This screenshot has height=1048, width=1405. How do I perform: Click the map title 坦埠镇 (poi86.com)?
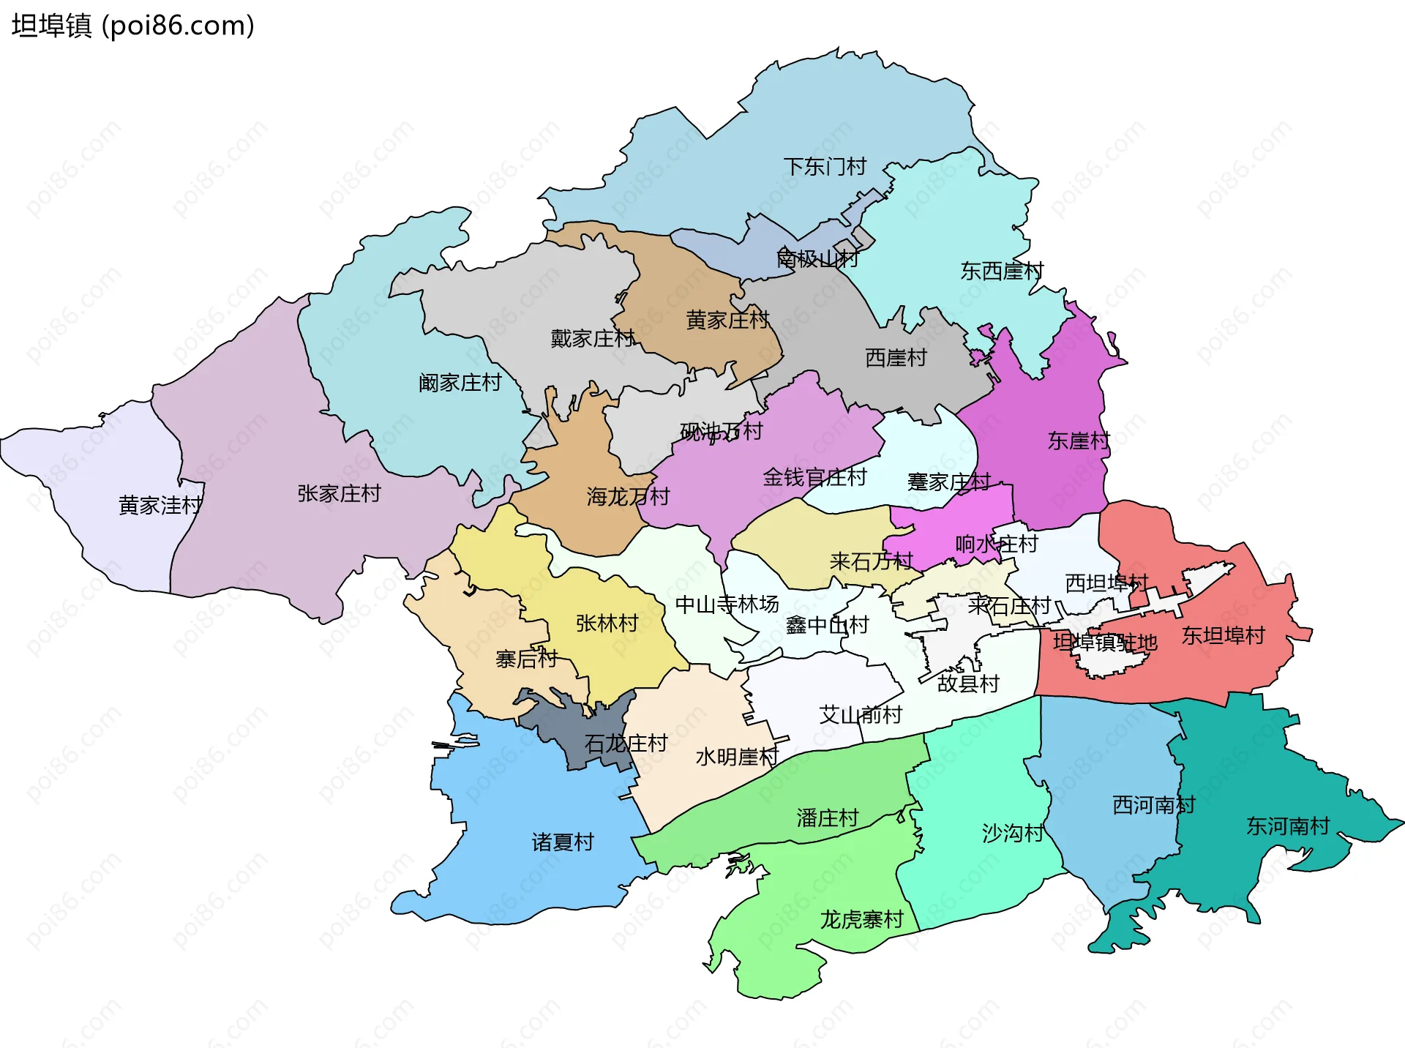click(x=133, y=26)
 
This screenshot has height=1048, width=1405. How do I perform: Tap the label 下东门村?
click(x=825, y=167)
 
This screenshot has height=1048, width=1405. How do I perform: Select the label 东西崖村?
click(x=1002, y=272)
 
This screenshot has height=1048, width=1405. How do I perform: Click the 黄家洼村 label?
click(x=160, y=505)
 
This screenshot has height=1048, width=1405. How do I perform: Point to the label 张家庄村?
click(x=339, y=494)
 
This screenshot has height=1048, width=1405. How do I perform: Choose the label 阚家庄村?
click(x=460, y=383)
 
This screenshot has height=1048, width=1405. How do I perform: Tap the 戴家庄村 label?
click(x=592, y=339)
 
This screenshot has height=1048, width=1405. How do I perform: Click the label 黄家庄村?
click(x=727, y=320)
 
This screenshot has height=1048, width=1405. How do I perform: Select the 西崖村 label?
click(x=896, y=358)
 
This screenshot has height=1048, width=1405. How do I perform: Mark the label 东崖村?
click(x=1078, y=441)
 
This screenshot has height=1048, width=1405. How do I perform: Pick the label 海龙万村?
click(x=628, y=497)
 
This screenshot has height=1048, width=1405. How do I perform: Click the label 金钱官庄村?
click(x=814, y=478)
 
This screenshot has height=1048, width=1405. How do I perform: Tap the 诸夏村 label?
click(x=562, y=842)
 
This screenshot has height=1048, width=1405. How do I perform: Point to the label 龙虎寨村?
click(x=861, y=920)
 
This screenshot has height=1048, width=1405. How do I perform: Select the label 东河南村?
click(x=1288, y=826)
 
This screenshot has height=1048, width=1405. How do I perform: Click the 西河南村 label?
click(x=1153, y=805)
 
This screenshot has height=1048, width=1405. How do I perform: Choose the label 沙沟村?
click(x=1012, y=833)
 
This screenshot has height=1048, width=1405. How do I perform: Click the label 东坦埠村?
click(x=1223, y=635)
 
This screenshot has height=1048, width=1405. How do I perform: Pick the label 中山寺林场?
click(x=727, y=605)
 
